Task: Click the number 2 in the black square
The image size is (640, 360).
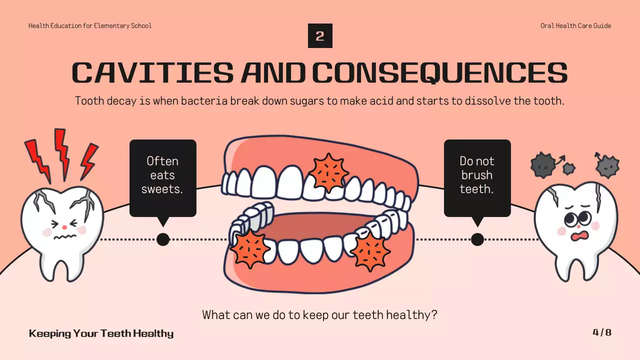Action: click(320, 36)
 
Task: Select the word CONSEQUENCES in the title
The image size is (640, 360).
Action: click(440, 73)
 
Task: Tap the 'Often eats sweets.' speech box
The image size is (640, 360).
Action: click(162, 177)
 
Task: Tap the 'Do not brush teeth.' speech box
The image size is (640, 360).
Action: click(477, 177)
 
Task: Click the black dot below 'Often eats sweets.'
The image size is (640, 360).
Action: click(163, 239)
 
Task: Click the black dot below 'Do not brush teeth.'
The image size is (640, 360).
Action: click(477, 239)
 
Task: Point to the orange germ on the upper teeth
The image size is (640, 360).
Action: click(328, 172)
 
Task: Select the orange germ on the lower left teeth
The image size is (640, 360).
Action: click(249, 248)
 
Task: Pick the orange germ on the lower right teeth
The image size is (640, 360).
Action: click(369, 251)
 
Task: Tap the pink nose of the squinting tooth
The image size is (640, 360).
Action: click(64, 227)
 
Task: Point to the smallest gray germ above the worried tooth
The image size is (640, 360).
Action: click(569, 168)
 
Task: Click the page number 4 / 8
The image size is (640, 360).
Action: click(602, 332)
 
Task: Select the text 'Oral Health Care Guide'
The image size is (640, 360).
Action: click(575, 26)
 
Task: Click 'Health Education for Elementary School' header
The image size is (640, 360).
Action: click(90, 26)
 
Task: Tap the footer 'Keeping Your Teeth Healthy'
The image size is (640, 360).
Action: click(101, 333)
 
